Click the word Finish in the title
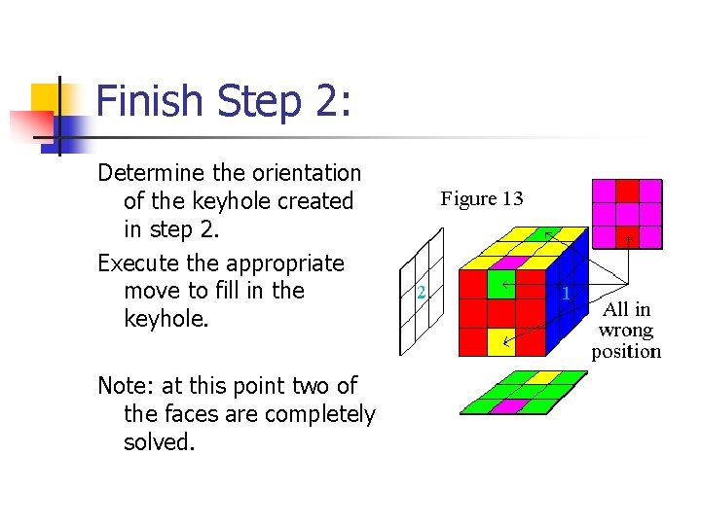pyautogui.click(x=150, y=101)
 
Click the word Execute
pyautogui.click(x=142, y=263)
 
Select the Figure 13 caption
pyautogui.click(x=481, y=199)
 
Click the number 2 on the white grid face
pyautogui.click(x=421, y=292)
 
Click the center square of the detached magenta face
pyautogui.click(x=628, y=213)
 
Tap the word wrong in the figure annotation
pyautogui.click(x=625, y=331)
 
